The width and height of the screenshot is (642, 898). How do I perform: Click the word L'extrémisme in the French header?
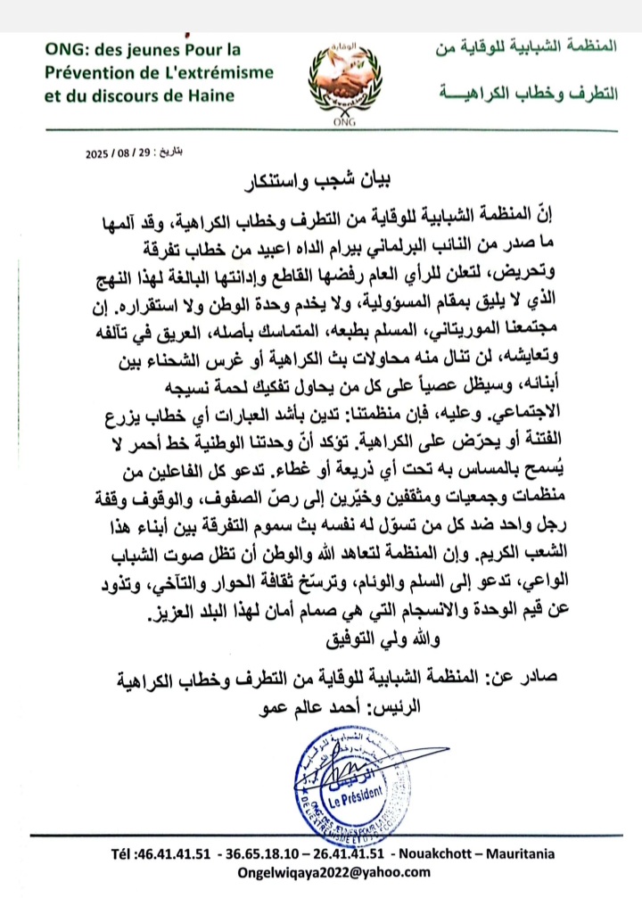coord(224,73)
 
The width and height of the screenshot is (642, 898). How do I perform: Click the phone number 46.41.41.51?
coord(175,854)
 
